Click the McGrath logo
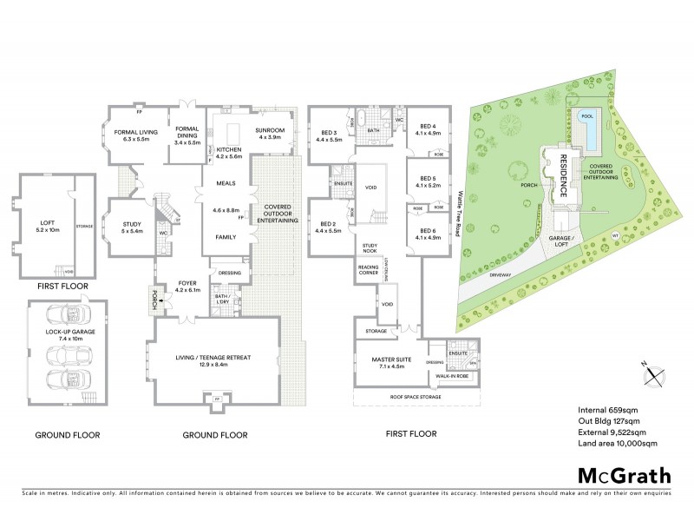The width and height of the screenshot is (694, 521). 625,475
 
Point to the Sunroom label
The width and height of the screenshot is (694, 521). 269,134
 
